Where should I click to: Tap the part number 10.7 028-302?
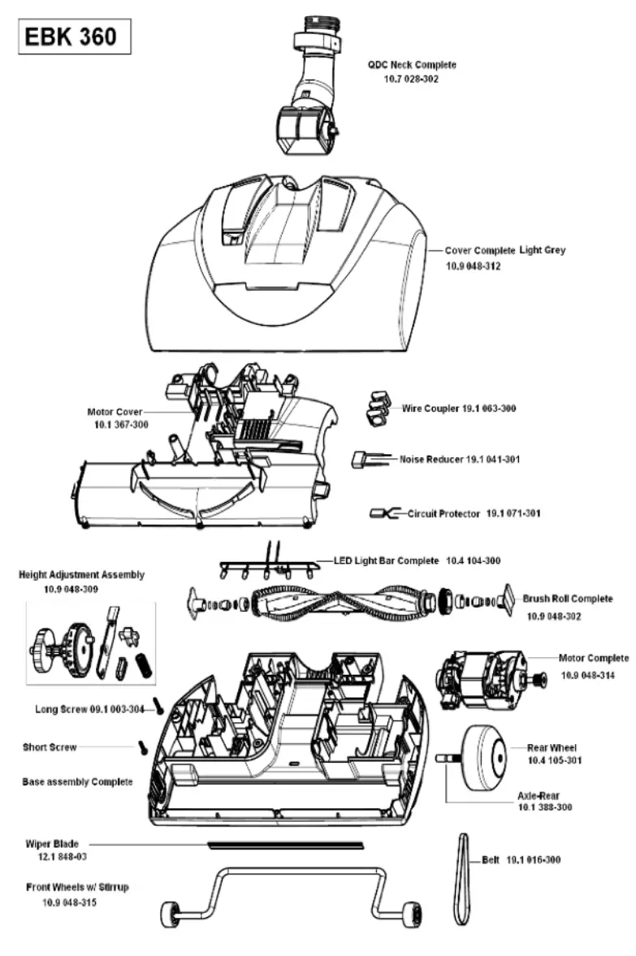(x=411, y=80)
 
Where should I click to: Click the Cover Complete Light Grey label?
(x=504, y=251)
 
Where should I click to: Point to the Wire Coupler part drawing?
(x=375, y=407)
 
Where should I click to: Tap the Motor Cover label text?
(x=114, y=412)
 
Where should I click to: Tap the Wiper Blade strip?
(x=285, y=846)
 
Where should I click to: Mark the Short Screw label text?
(x=50, y=746)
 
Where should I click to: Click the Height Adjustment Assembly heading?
(x=81, y=574)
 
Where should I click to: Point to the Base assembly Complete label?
(x=77, y=781)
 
